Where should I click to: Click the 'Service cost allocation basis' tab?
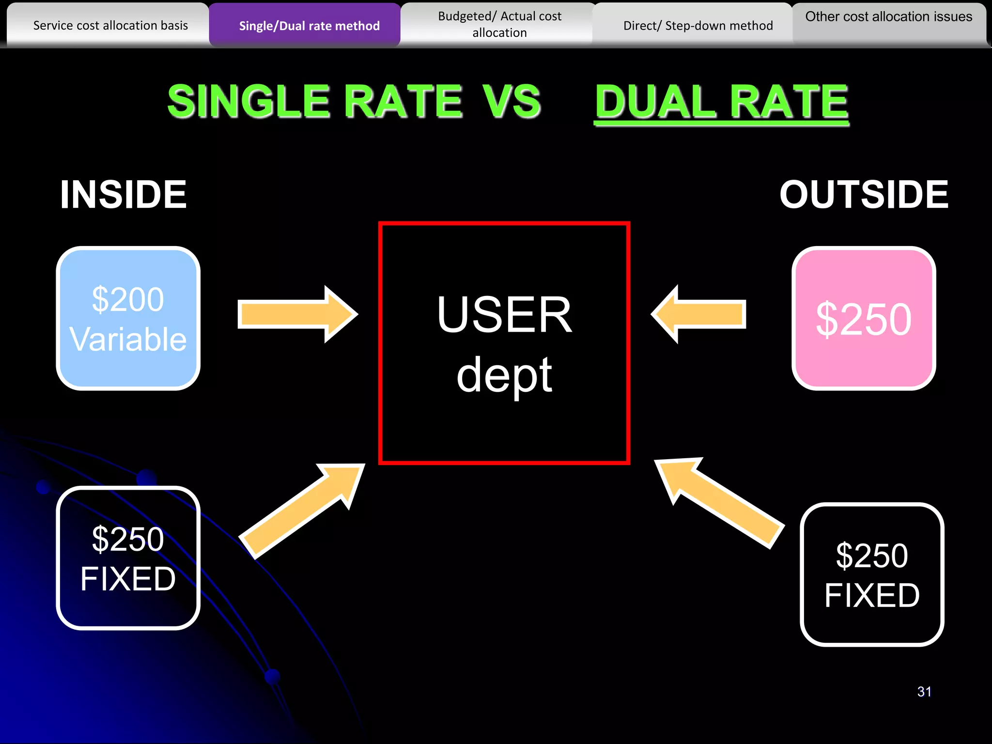pyautogui.click(x=110, y=25)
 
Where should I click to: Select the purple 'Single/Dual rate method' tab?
pyautogui.click(x=309, y=26)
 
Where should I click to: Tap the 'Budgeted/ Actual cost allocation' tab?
pyautogui.click(x=499, y=25)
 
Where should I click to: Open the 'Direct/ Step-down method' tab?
pyautogui.click(x=697, y=26)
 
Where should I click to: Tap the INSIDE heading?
pyautogui.click(x=124, y=195)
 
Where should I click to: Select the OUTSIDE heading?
pyautogui.click(x=864, y=195)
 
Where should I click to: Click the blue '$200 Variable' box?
pyautogui.click(x=128, y=318)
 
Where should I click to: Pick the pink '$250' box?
pyautogui.click(x=864, y=318)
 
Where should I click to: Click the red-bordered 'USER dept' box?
pyautogui.click(x=504, y=343)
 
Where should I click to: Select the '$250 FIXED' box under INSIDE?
pyautogui.click(x=128, y=558)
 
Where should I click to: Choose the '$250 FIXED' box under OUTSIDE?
pyautogui.click(x=872, y=574)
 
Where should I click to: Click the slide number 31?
pyautogui.click(x=924, y=692)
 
